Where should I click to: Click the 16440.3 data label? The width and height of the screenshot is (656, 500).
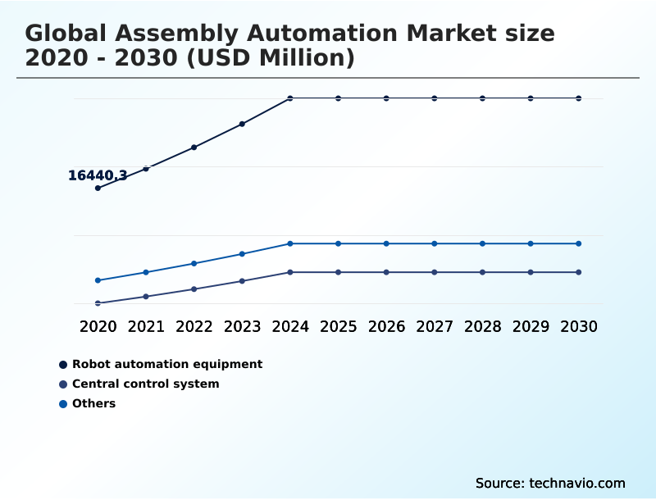coord(97,175)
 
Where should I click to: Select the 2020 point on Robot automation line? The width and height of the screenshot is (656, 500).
coord(98,188)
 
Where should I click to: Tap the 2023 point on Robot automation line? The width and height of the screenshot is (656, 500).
coord(242,124)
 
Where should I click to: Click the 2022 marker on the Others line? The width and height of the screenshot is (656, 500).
coord(194,263)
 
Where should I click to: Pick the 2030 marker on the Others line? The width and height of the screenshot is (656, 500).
coord(579,243)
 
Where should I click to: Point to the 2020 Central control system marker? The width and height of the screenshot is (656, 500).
coord(98,303)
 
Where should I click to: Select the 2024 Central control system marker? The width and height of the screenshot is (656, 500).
coord(290,272)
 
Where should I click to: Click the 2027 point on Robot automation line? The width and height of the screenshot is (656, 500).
coord(435,98)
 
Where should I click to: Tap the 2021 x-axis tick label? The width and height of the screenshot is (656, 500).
coord(146,326)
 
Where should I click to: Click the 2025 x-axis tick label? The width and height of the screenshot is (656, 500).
coord(338,326)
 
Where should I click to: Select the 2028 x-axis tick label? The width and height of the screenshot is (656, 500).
coord(482,326)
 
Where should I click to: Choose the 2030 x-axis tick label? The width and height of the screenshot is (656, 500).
coord(579,326)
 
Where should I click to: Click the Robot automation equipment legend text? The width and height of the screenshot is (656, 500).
coord(167,364)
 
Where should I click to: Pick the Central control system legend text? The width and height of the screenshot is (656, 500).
coord(146,384)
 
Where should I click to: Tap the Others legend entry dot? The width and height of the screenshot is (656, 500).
coord(62,404)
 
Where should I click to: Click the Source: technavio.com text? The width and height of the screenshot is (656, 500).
coord(550,483)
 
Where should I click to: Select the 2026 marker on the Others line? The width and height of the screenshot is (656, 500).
coord(386,243)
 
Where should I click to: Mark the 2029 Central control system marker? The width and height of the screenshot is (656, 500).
coord(531,272)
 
